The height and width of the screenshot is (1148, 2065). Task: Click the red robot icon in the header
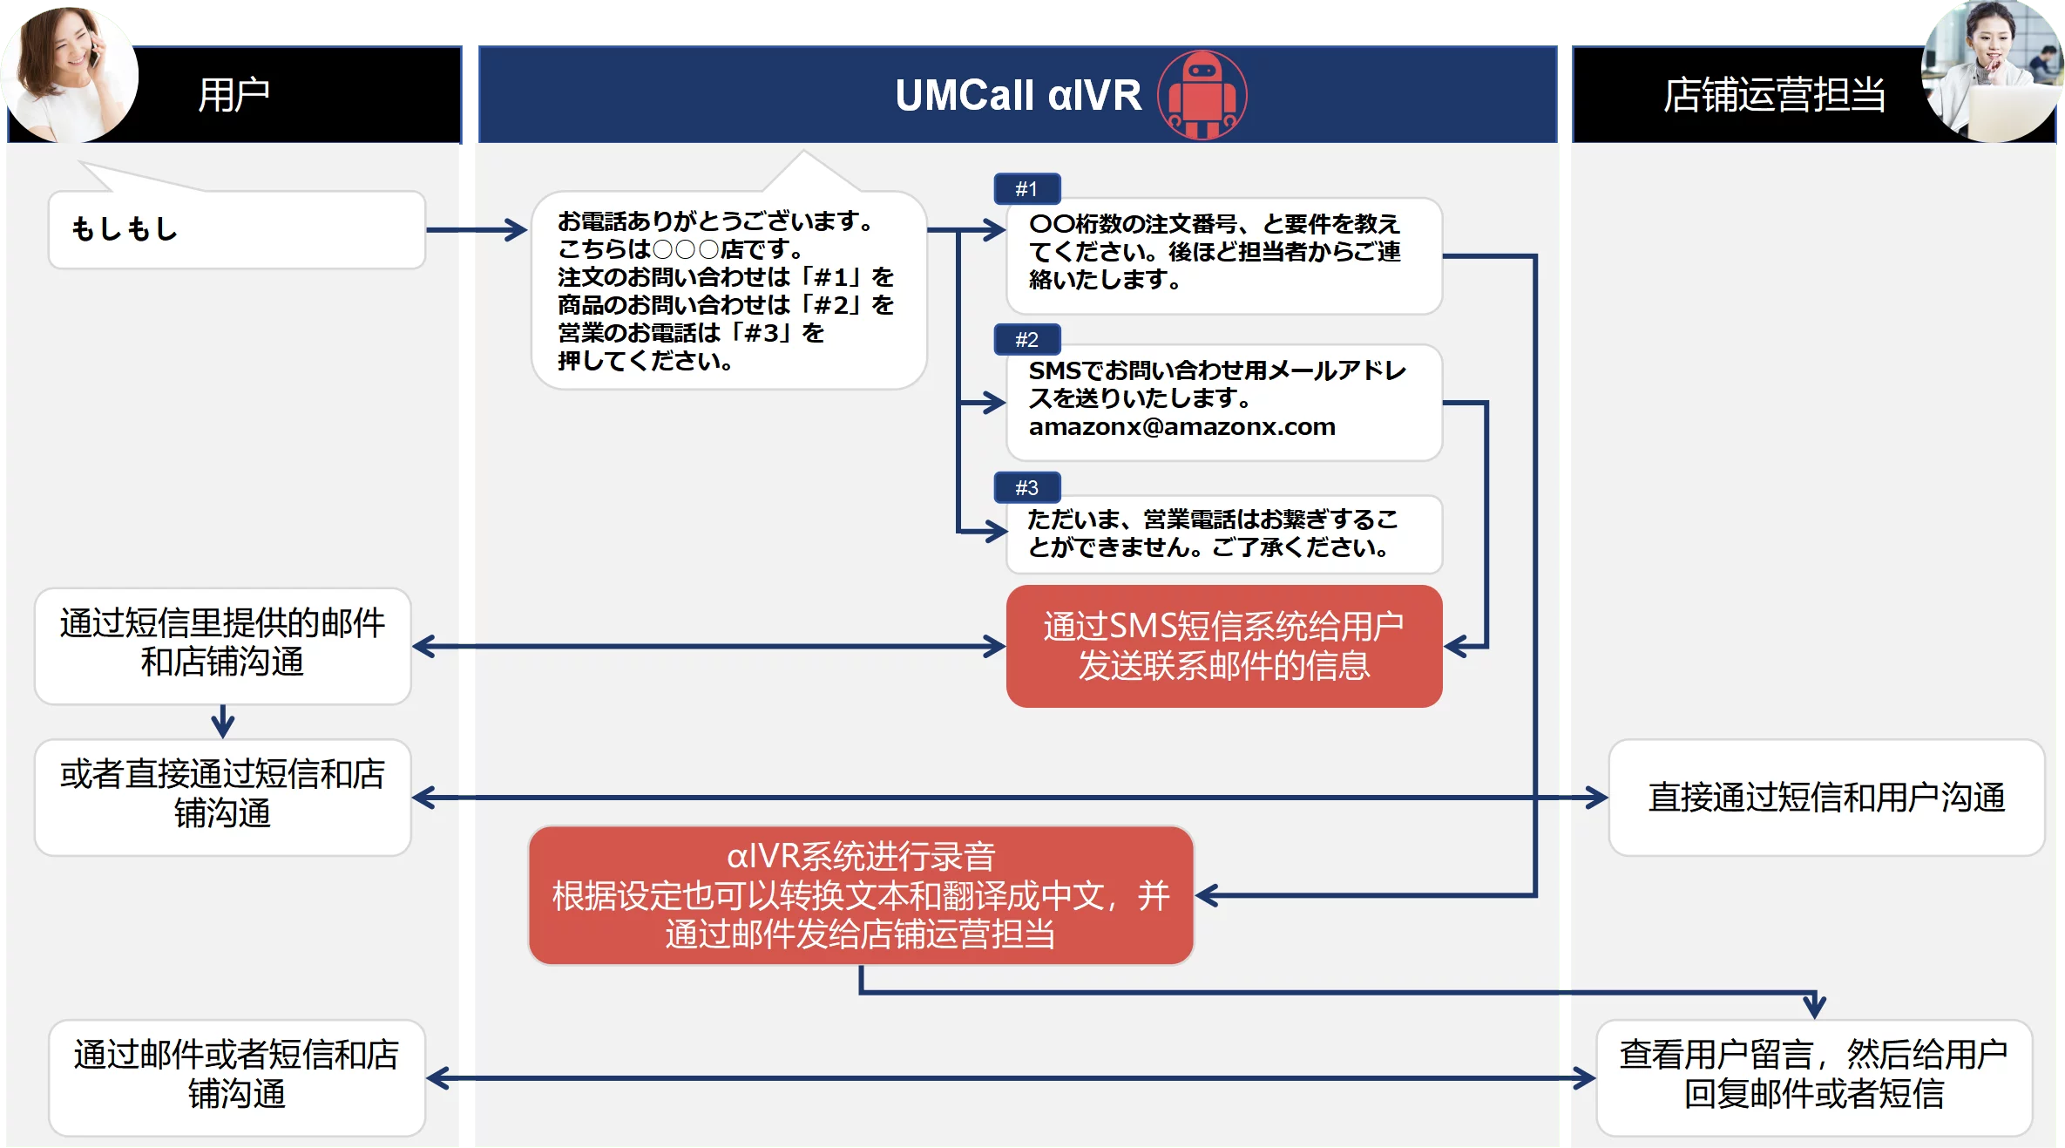(1202, 94)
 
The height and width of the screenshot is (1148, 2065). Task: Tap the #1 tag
(1027, 188)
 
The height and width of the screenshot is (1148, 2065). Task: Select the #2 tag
(1027, 339)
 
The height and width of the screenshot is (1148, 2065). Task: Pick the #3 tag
(1027, 487)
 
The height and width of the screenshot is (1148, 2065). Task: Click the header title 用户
(234, 94)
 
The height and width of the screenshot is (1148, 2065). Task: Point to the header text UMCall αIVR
(1018, 95)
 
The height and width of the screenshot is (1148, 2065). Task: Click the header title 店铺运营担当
(1774, 94)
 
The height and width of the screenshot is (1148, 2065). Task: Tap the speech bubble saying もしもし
(236, 229)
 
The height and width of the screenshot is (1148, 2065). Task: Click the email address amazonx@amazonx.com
(1181, 426)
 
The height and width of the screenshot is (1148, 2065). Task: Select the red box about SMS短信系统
(1224, 646)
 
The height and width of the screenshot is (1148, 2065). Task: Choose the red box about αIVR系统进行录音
(861, 895)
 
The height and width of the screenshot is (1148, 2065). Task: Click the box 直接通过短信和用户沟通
(1826, 798)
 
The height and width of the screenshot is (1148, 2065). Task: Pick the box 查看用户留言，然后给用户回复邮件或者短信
(1814, 1077)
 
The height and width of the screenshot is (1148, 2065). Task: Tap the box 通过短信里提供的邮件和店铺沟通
(223, 646)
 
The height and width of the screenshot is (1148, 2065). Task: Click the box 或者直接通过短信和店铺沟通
(223, 798)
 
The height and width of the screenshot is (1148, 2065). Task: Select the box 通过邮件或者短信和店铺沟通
(237, 1077)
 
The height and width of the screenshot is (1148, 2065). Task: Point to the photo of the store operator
(1992, 71)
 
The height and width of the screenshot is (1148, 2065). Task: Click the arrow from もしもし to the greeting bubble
(477, 230)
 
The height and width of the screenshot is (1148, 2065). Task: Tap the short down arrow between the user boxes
(223, 722)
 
